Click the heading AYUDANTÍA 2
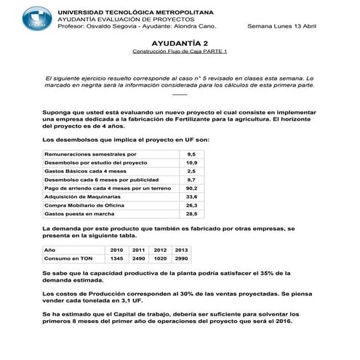[x=180, y=44]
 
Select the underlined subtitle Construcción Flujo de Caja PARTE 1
[x=180, y=53]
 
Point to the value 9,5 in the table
[x=191, y=155]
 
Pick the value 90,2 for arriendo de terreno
[x=191, y=188]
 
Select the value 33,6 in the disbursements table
[x=191, y=196]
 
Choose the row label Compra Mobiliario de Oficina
[x=86, y=205]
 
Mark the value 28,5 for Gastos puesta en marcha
[x=191, y=215]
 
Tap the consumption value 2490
[x=139, y=258]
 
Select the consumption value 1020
[x=161, y=258]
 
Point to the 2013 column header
[x=182, y=249]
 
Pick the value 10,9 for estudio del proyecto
[x=191, y=163]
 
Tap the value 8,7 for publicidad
[x=191, y=179]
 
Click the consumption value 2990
[x=182, y=258]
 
